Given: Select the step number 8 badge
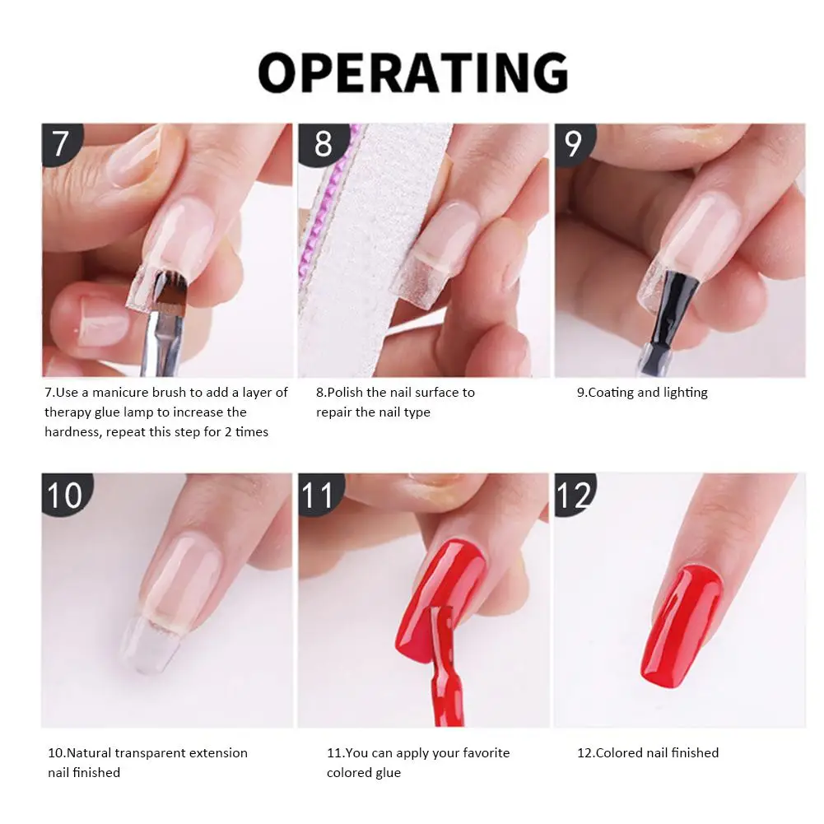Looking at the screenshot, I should (x=323, y=143).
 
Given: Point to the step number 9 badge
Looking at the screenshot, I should (x=574, y=143).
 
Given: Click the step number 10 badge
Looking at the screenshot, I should (x=65, y=496).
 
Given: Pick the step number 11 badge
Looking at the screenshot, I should (x=318, y=496).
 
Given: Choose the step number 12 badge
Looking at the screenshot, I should (x=574, y=496).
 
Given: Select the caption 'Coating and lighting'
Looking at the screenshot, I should (x=642, y=393).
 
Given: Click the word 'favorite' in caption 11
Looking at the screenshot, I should (x=480, y=753).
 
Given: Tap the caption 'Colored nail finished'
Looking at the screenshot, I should (x=648, y=753).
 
